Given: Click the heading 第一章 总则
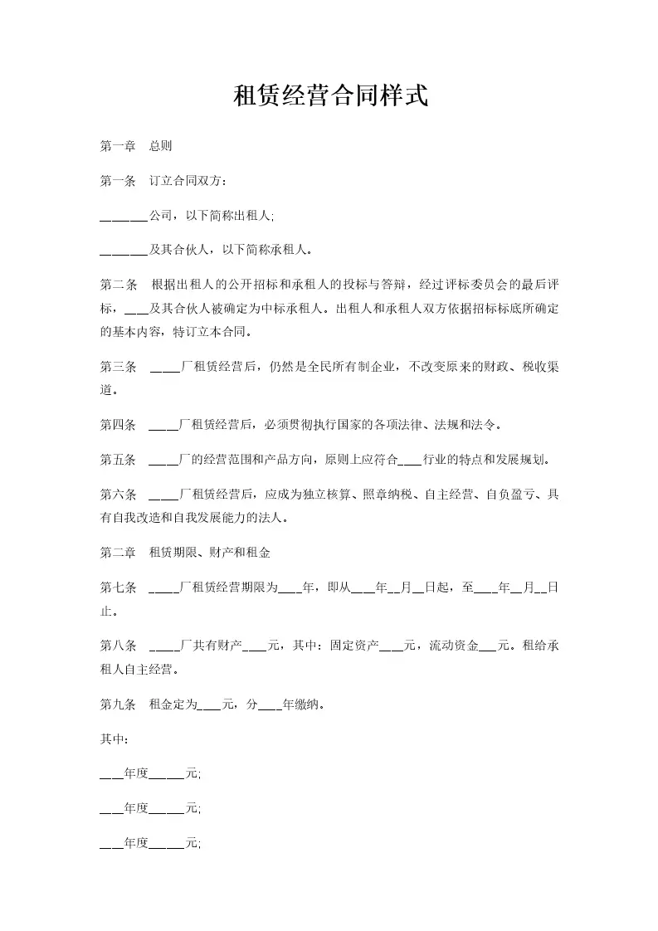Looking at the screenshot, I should (x=135, y=146).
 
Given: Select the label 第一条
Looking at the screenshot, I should (x=117, y=181).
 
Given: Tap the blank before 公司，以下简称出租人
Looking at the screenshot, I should (x=123, y=217).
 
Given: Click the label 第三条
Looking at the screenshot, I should (x=117, y=366).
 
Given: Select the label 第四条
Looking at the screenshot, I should (x=117, y=425).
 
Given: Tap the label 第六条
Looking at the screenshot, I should (x=117, y=495).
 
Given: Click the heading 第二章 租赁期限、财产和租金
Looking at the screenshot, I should (x=185, y=552).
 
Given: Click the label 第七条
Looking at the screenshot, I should (x=117, y=587).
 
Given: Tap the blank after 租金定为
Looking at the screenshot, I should (x=210, y=706).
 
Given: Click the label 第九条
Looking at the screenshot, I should (x=117, y=705).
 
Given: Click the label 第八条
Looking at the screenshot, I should (x=117, y=646).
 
